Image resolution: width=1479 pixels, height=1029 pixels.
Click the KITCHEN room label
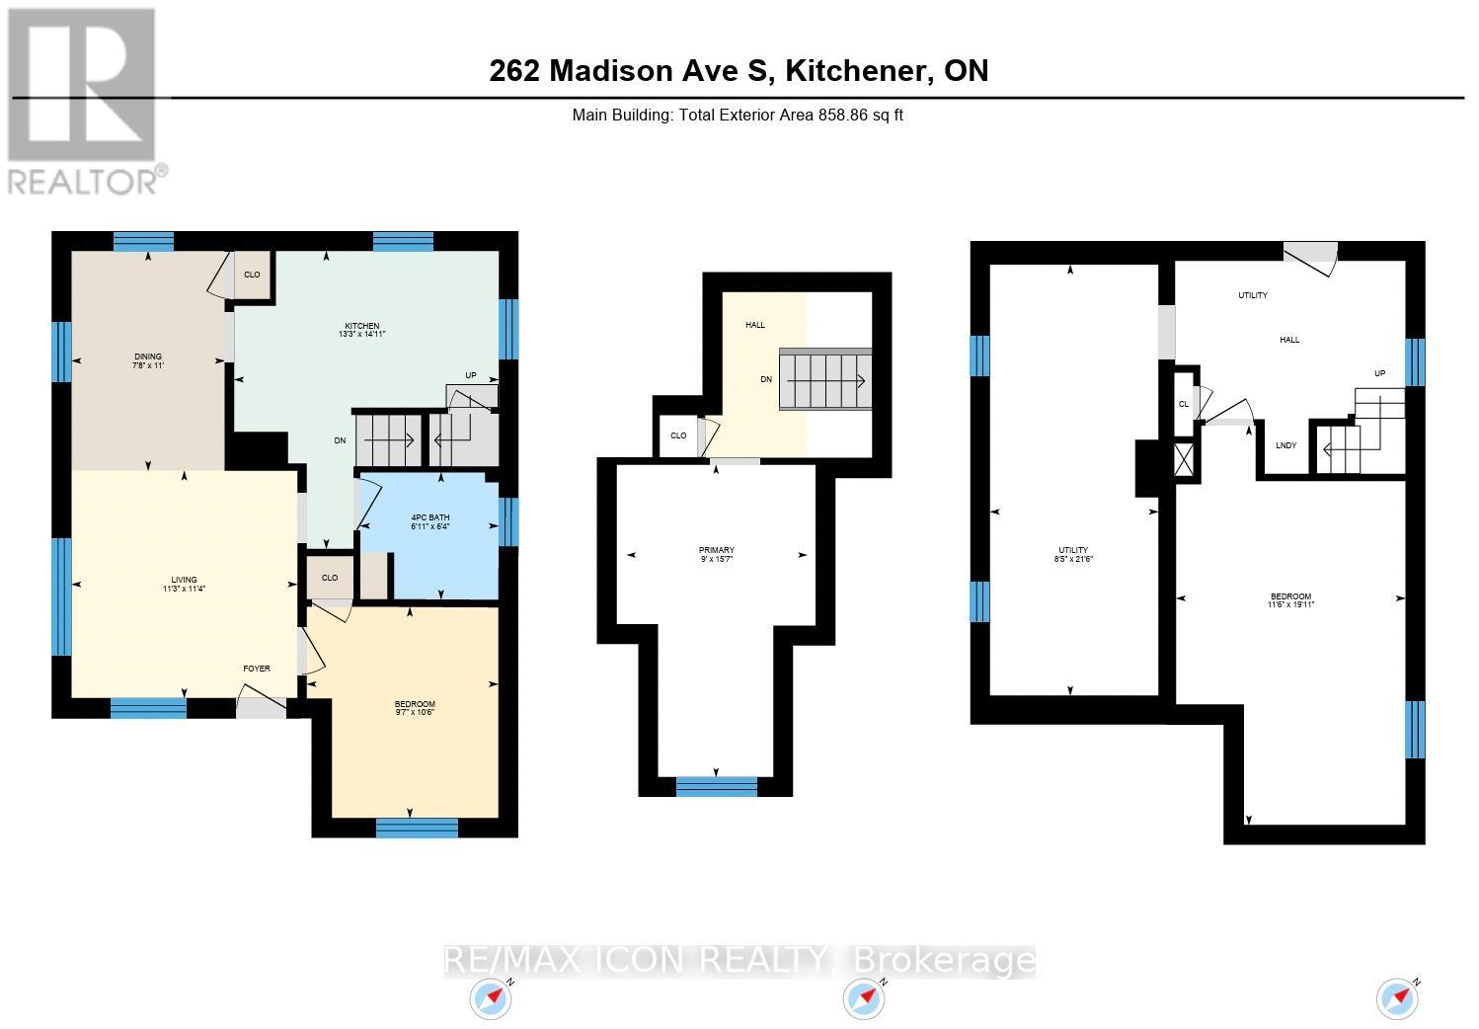361,326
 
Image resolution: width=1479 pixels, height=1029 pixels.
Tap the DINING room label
148,356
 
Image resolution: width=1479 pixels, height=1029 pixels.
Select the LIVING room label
184,580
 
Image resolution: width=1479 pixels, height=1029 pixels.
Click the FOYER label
257,669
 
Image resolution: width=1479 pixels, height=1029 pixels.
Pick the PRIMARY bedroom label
716,550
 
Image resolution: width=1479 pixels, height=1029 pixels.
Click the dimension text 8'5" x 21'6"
1073,559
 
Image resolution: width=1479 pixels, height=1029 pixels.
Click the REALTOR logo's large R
84,84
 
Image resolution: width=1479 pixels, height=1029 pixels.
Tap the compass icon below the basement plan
1397,998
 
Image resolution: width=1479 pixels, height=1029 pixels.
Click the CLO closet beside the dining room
252,275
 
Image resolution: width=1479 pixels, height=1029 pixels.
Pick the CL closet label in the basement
1184,403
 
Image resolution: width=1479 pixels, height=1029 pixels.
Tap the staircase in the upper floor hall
825,379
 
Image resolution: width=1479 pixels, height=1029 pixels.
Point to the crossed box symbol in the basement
1185,461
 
